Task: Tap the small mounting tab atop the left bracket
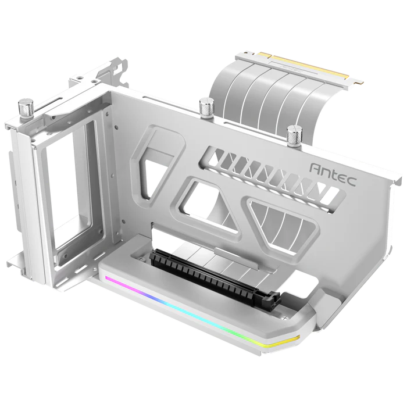point(116,64)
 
